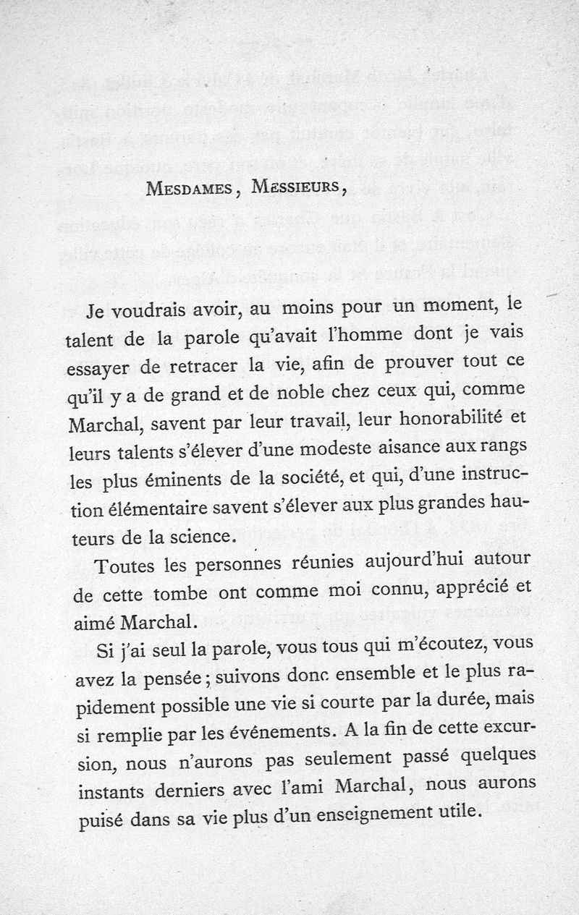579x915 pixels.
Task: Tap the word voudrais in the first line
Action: [x=161, y=312]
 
